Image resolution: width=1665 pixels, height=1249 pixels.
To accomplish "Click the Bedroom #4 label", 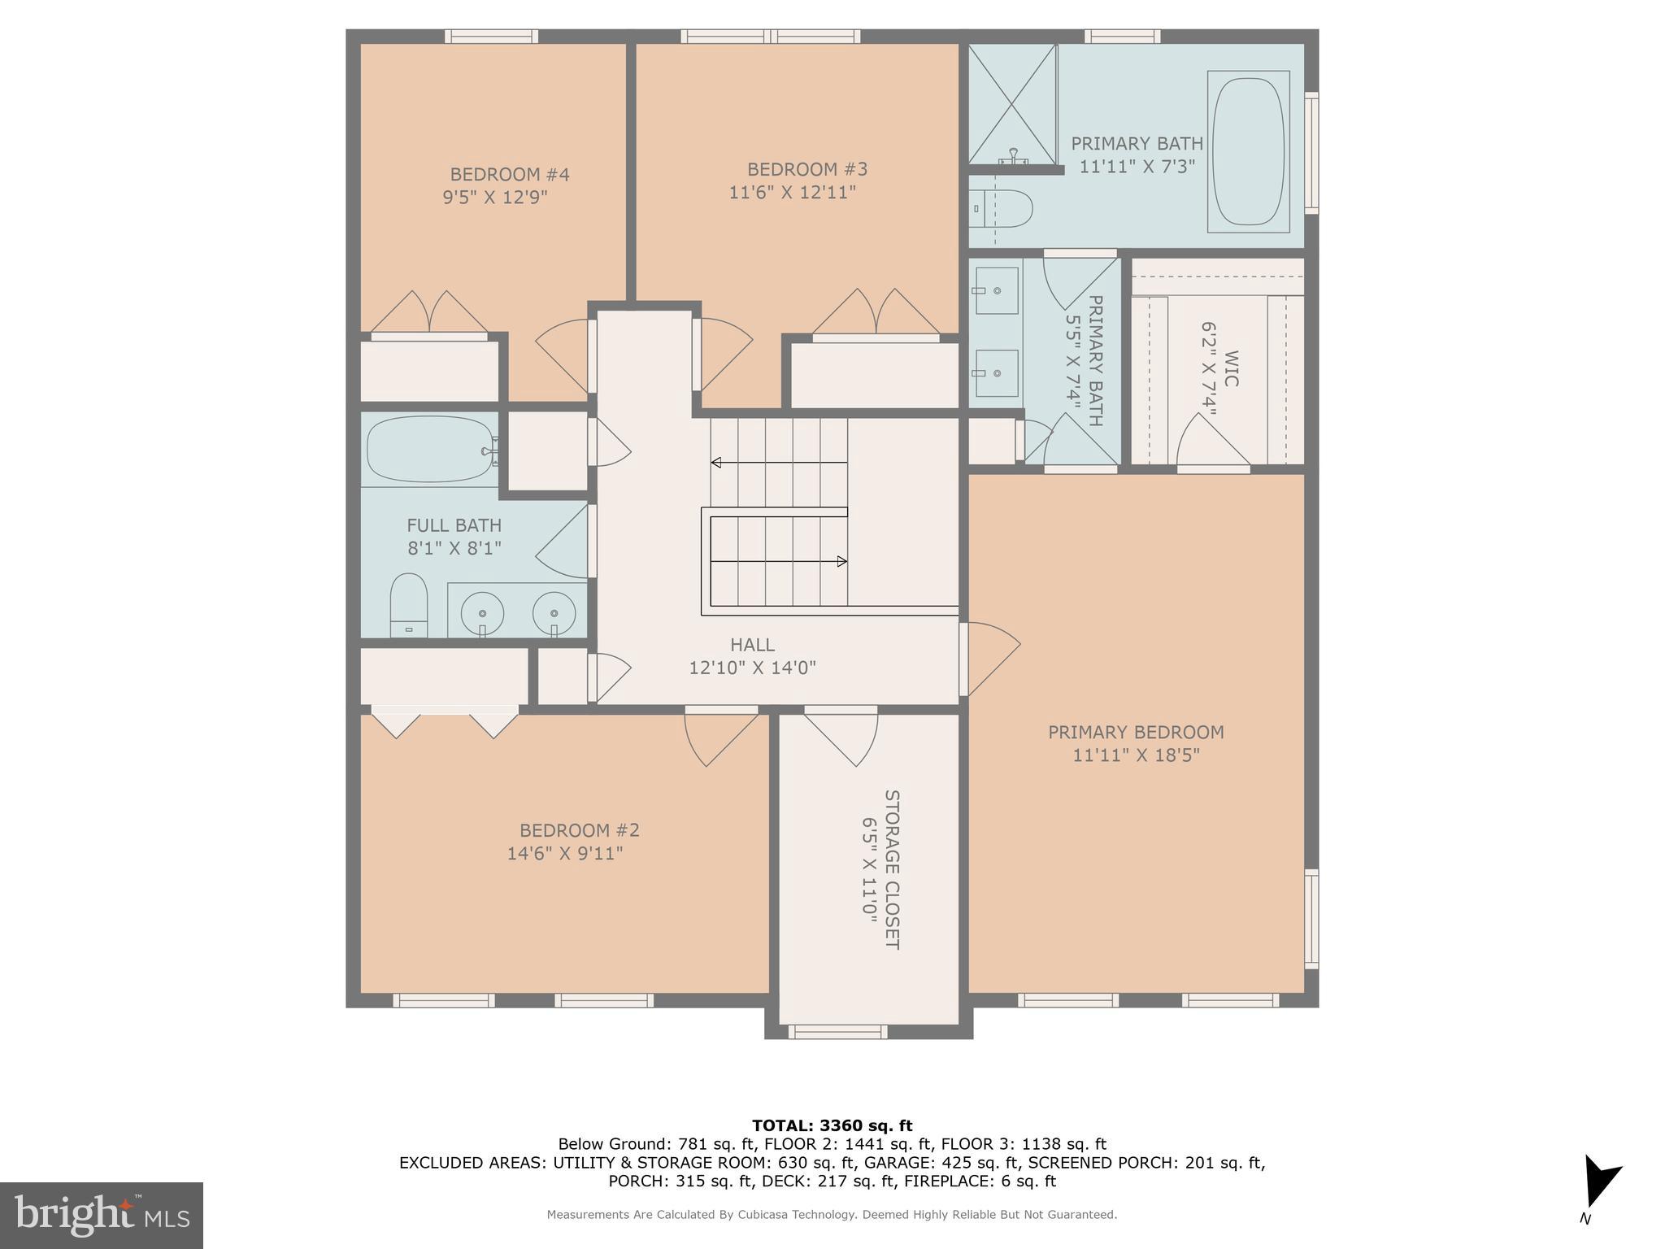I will tap(509, 174).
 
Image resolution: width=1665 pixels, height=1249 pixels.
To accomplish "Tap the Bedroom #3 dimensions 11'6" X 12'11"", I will tap(792, 193).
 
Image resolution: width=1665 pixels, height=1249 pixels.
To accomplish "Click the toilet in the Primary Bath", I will tap(1002, 209).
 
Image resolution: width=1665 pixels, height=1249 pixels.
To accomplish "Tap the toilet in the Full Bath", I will tap(408, 603).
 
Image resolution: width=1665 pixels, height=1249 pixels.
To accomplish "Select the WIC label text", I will tap(1231, 368).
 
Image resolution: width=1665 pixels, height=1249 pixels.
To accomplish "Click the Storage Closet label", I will tap(892, 869).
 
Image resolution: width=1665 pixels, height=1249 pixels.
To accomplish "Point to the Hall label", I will tap(752, 645).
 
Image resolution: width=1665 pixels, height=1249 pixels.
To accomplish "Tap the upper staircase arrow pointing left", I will tap(716, 463).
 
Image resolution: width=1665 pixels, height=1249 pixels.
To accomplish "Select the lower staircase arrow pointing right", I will tap(841, 561).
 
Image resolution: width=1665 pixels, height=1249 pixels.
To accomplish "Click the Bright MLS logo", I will tap(102, 1215).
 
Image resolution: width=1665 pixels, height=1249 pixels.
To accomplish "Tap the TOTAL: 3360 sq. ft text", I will tap(832, 1125).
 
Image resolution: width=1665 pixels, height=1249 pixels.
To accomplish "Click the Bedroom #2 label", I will tap(579, 830).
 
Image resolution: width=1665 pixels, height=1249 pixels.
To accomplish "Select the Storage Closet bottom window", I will tap(837, 1032).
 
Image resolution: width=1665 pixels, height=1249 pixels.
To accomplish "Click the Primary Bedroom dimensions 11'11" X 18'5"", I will tap(1136, 755).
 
